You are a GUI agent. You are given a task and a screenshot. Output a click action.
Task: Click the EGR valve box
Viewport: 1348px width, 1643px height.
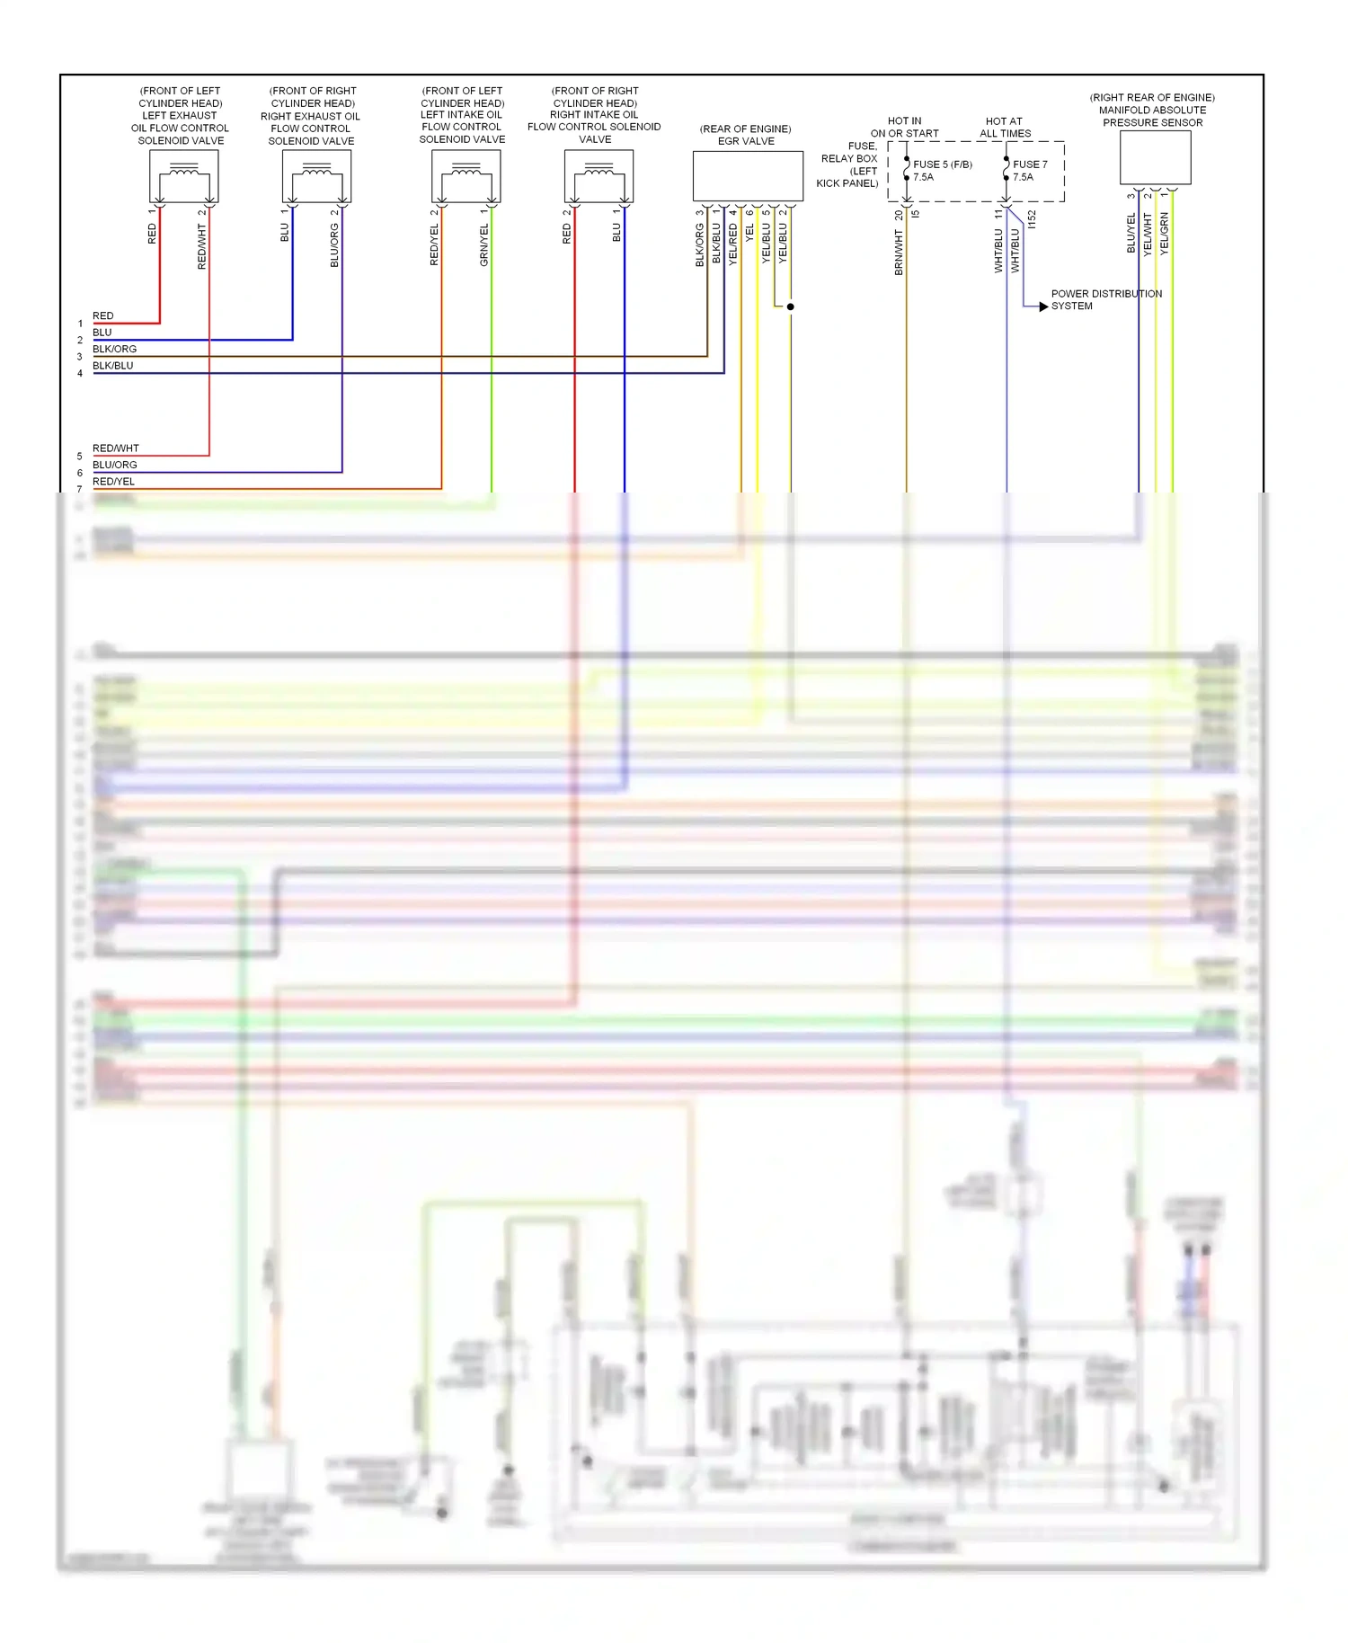[x=747, y=176]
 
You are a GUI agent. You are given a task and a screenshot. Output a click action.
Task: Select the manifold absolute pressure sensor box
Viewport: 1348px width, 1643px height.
[x=1155, y=158]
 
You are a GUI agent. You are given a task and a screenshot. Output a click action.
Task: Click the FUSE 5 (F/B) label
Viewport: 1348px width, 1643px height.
[x=942, y=164]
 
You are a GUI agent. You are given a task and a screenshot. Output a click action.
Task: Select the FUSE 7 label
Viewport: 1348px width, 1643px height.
[x=1030, y=164]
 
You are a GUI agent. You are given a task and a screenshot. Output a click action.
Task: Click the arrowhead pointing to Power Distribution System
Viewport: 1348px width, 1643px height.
[x=1043, y=306]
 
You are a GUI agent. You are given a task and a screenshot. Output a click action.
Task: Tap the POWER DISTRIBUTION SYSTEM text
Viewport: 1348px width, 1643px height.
[x=1105, y=300]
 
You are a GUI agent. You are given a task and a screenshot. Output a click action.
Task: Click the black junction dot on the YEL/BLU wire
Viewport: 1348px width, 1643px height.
[x=791, y=306]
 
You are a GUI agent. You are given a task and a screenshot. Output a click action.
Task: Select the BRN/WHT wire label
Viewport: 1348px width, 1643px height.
[x=899, y=252]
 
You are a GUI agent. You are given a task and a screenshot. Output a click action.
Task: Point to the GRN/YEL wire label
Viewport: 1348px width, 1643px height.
[x=484, y=244]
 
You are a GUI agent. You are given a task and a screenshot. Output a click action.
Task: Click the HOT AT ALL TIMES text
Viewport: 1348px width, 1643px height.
[x=1005, y=128]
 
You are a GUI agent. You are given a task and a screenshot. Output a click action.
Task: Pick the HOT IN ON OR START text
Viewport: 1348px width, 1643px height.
[x=904, y=128]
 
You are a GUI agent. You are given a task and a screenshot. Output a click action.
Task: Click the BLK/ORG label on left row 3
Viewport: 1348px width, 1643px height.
[x=114, y=349]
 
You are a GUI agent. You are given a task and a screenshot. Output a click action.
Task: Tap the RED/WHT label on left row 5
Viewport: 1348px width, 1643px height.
[x=116, y=448]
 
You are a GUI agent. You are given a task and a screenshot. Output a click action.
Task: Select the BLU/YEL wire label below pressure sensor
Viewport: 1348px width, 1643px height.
[x=1131, y=233]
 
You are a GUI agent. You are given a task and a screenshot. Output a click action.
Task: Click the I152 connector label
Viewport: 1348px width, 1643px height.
[x=1032, y=218]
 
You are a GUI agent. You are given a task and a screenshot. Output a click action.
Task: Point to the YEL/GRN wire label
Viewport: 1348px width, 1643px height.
[x=1165, y=234]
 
